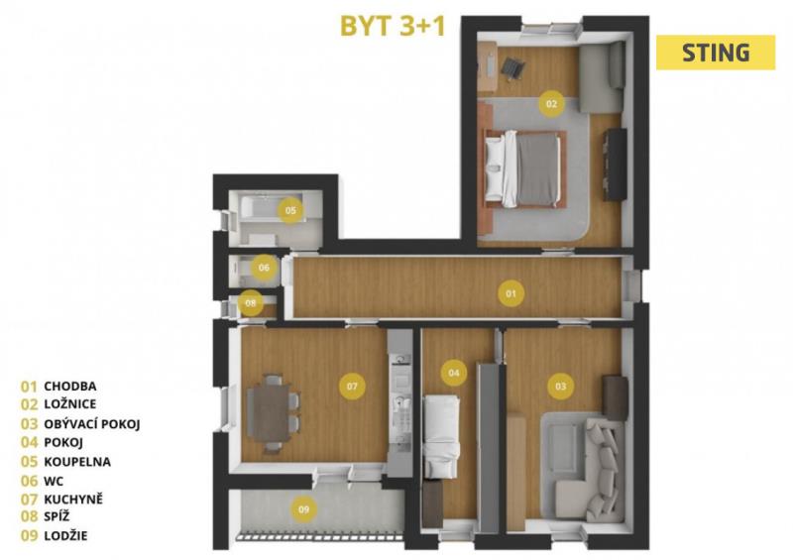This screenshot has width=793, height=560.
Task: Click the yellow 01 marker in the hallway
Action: click(510, 293)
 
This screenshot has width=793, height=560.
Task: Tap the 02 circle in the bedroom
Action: click(551, 104)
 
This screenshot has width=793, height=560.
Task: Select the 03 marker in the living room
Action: click(561, 387)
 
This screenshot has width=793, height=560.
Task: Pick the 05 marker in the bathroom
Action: click(290, 210)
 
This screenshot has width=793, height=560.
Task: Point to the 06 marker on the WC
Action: click(264, 268)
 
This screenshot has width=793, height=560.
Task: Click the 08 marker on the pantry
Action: click(251, 303)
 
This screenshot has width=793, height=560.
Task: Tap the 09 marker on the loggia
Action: click(303, 509)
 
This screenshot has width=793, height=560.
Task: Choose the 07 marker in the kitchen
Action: click(352, 387)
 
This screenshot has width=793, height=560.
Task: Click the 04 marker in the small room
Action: click(454, 373)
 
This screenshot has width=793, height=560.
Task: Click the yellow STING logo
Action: click(716, 53)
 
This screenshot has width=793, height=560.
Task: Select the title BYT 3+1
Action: click(393, 26)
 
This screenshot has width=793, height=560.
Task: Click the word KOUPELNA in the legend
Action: click(77, 461)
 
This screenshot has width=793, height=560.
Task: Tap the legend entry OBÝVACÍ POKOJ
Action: click(92, 423)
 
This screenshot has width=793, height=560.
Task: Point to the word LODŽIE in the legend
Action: click(65, 535)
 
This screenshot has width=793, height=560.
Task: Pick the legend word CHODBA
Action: click(70, 386)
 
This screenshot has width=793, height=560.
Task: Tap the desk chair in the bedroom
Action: click(512, 68)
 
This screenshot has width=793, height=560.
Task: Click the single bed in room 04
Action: click(441, 436)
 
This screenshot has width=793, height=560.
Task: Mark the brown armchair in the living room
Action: click(616, 398)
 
